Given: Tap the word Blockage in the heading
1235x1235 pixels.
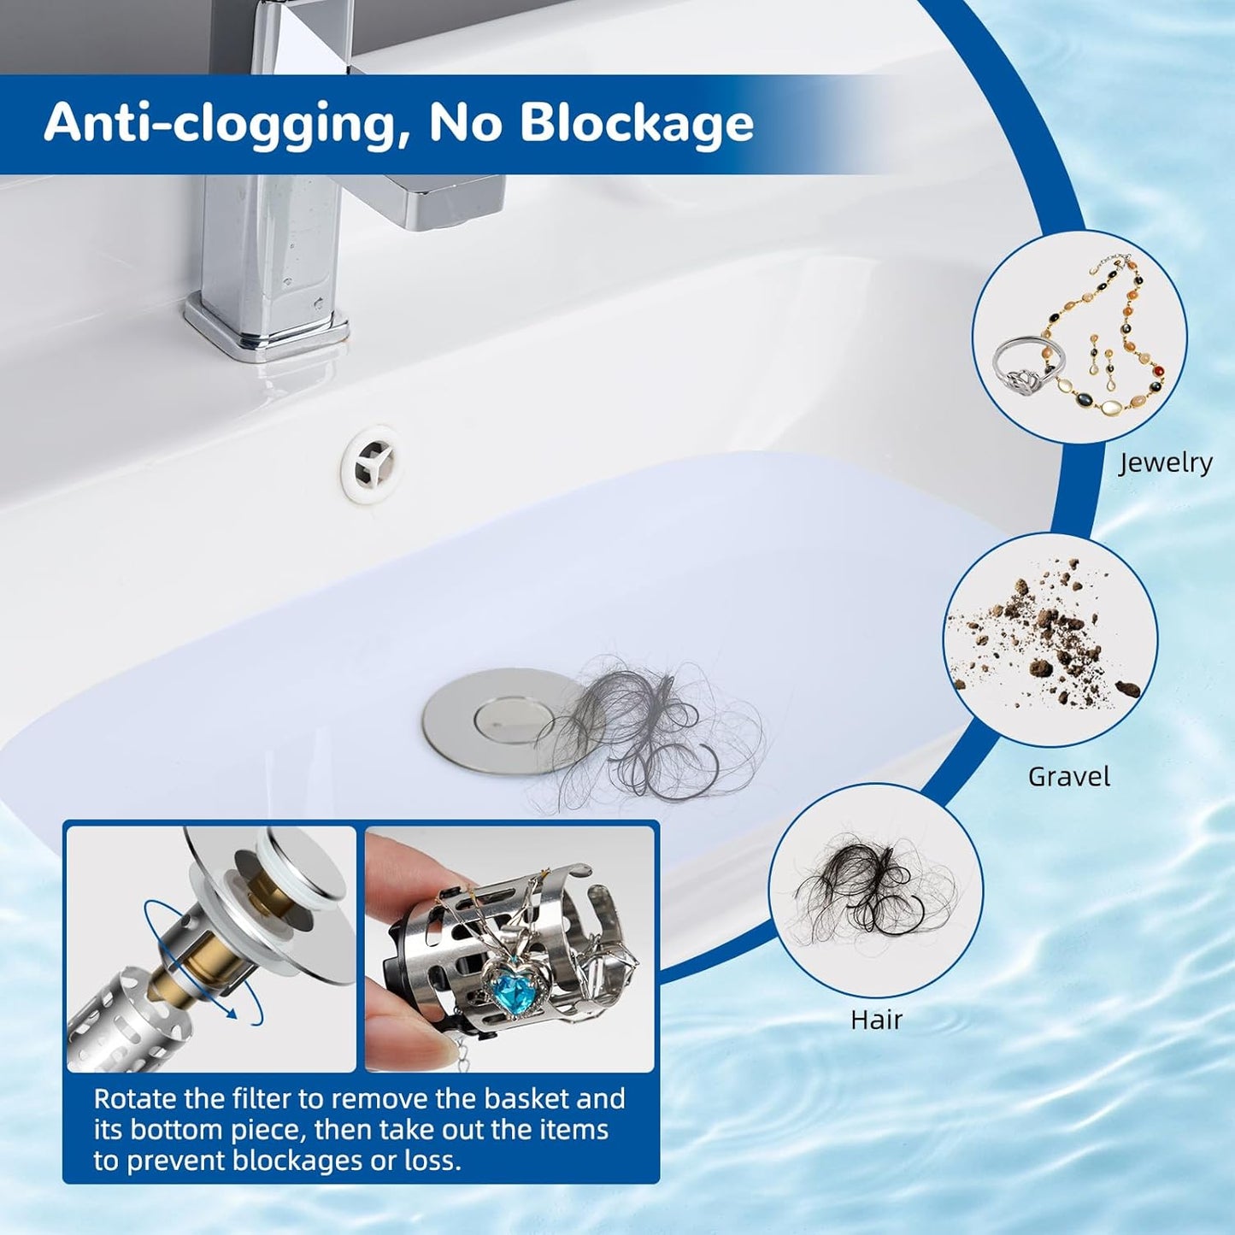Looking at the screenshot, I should pyautogui.click(x=637, y=122).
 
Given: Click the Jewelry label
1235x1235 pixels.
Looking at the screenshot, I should pyautogui.click(x=1166, y=462).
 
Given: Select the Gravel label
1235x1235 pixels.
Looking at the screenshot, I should pyautogui.click(x=1068, y=777).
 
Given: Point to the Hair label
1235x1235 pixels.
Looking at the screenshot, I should pyautogui.click(x=876, y=1020).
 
